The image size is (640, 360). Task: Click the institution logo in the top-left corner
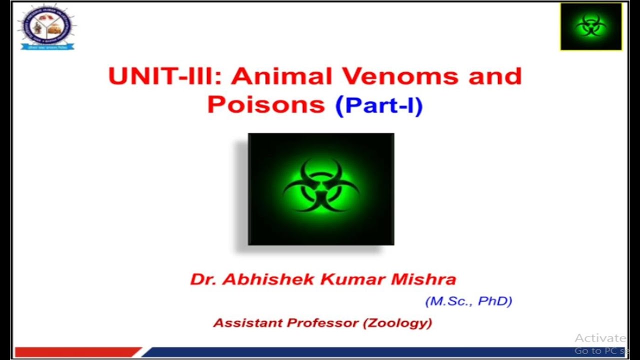(47, 27)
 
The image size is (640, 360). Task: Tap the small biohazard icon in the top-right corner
(591, 26)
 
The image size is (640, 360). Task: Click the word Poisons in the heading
(266, 104)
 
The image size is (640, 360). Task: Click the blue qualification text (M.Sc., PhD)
(468, 301)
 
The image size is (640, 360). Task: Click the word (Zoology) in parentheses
(397, 322)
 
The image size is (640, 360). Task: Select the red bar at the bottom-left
(77, 352)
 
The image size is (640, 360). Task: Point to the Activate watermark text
(600, 338)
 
